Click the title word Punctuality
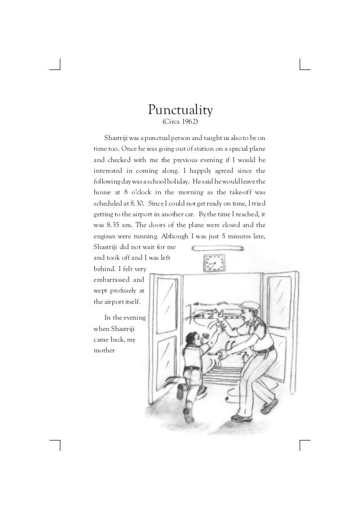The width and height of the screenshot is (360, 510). click(x=179, y=108)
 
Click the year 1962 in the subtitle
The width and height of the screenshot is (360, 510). click(x=189, y=121)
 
